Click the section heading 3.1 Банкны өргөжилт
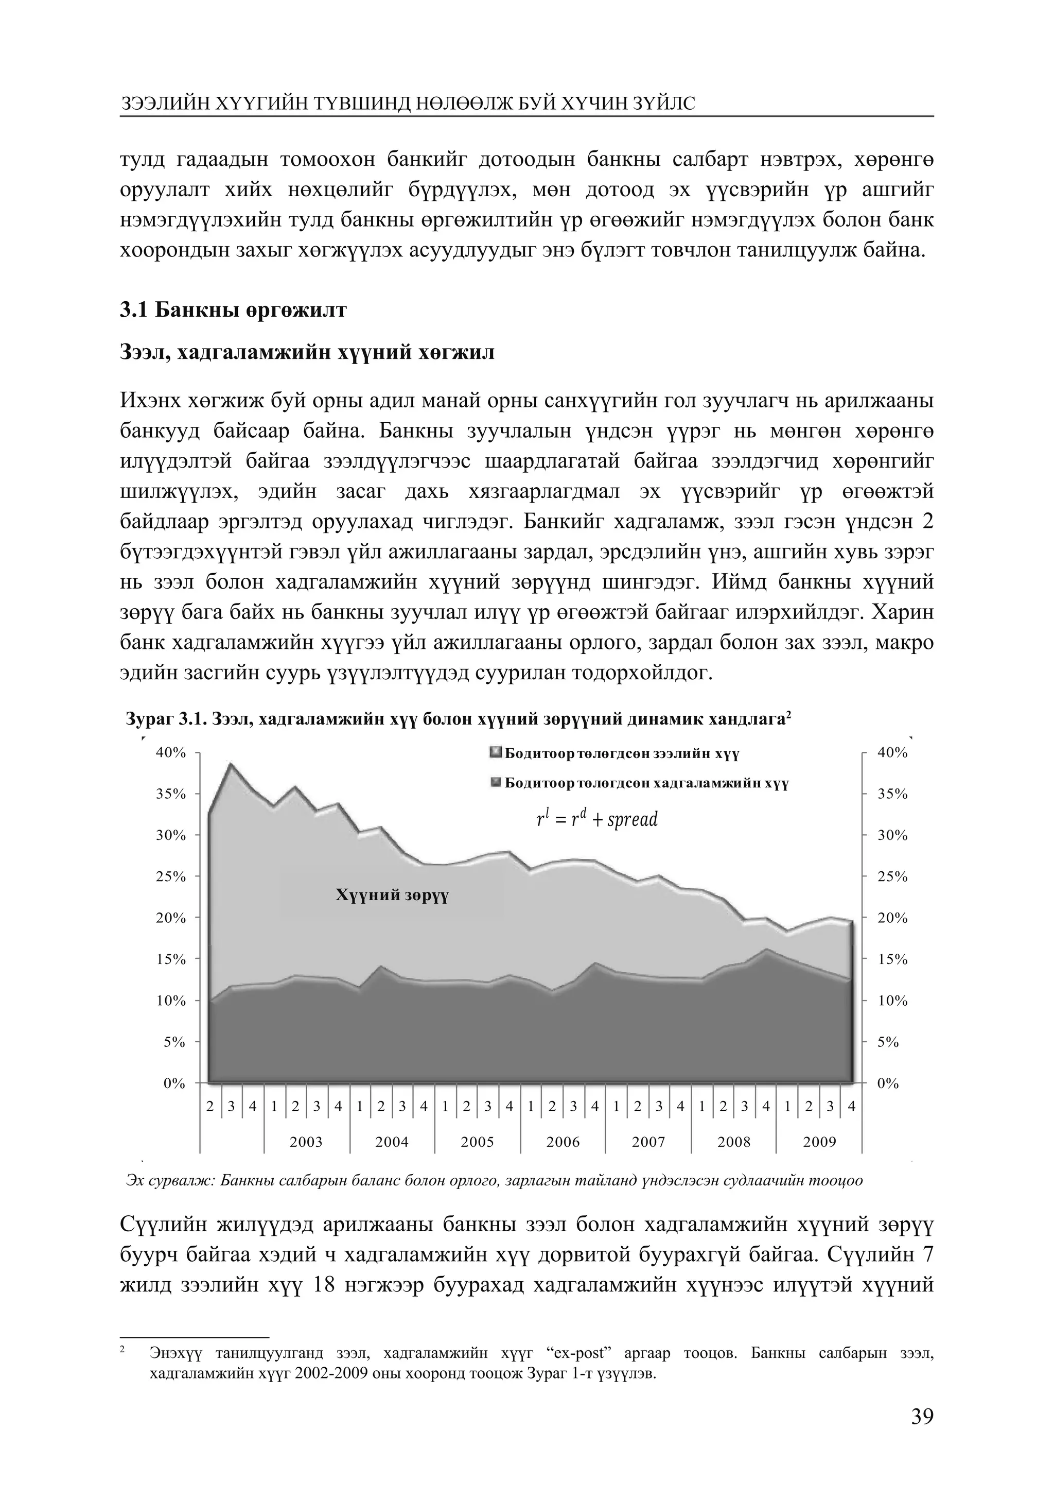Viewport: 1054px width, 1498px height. (x=233, y=310)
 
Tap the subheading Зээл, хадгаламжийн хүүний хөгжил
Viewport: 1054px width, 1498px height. (x=307, y=353)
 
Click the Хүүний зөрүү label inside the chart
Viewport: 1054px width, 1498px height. (x=392, y=895)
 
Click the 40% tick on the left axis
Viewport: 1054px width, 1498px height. (x=170, y=752)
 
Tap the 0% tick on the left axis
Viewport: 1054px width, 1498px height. (x=174, y=1083)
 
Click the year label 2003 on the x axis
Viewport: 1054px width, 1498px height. (x=306, y=1142)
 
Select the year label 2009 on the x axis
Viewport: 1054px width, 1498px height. (x=819, y=1142)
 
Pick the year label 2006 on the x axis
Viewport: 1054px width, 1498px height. (x=563, y=1142)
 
